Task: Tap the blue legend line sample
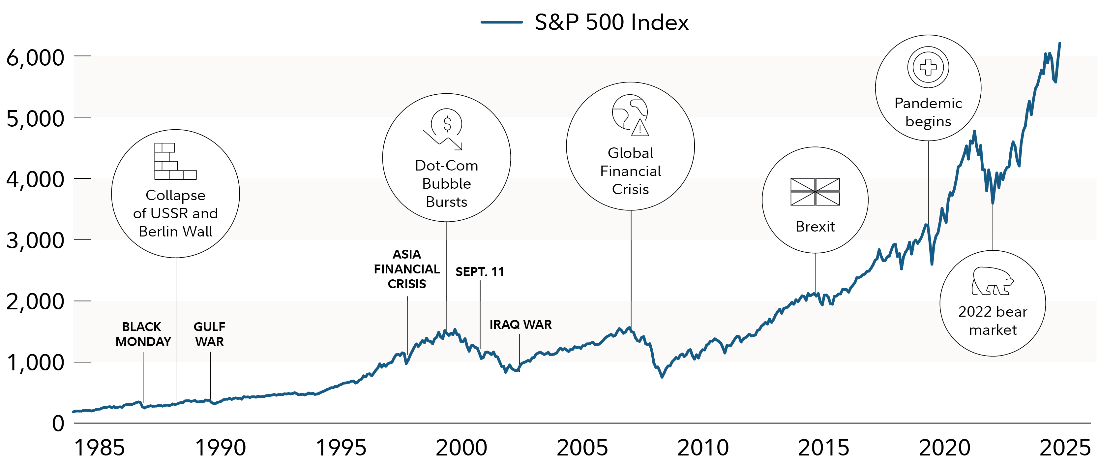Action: click(502, 22)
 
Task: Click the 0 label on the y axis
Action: click(58, 423)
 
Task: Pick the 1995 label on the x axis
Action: click(341, 448)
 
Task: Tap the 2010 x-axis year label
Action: click(703, 448)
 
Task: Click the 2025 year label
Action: click(1065, 448)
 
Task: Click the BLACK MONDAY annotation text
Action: click(142, 334)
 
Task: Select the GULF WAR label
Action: click(209, 334)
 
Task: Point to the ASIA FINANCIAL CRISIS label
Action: click(406, 269)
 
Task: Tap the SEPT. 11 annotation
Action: click(480, 272)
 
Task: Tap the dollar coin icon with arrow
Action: click(445, 128)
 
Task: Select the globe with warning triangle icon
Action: click(630, 115)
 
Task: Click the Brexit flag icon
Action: click(815, 192)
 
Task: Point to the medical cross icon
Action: click(928, 67)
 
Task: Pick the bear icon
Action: click(992, 281)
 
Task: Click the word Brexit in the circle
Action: click(815, 227)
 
